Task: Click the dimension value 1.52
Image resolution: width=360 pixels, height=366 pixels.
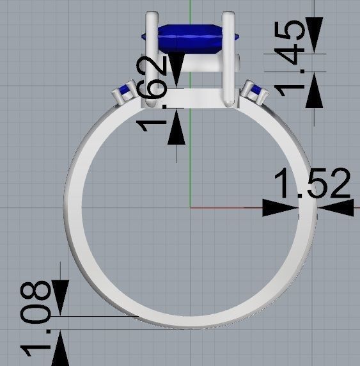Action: [313, 184]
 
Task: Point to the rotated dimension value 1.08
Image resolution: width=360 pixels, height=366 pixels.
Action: [39, 318]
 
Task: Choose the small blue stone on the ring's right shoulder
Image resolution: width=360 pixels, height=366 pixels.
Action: [257, 91]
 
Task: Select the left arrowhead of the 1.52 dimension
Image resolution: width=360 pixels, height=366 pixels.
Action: [280, 207]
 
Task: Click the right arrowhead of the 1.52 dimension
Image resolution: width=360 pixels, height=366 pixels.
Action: [336, 207]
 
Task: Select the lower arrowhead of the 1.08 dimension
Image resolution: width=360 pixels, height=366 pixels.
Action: [59, 348]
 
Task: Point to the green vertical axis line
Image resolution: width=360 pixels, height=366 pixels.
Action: [191, 160]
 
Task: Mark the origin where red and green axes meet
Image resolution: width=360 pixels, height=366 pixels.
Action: [191, 207]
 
